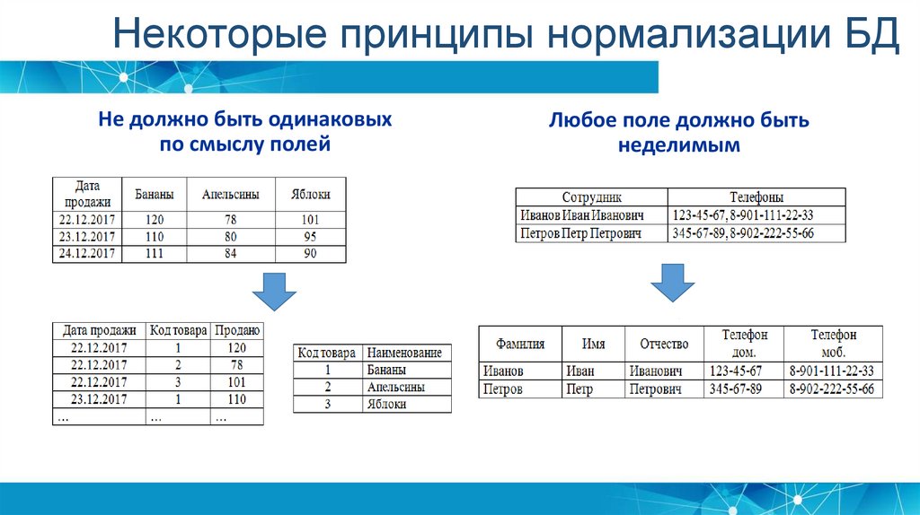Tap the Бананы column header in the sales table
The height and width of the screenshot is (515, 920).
(154, 194)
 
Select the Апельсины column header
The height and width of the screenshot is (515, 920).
(231, 194)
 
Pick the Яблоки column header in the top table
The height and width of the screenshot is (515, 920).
(310, 194)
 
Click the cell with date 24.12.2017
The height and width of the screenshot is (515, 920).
(86, 254)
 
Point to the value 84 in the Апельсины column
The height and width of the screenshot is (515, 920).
(231, 254)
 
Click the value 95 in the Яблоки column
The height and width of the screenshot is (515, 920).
(310, 237)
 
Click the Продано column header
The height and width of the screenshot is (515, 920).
(238, 330)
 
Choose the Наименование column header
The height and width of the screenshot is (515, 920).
(406, 353)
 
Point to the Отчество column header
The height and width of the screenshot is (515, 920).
(664, 345)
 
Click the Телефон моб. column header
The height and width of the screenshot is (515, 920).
(834, 344)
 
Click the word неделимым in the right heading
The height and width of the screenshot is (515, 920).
(679, 144)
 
